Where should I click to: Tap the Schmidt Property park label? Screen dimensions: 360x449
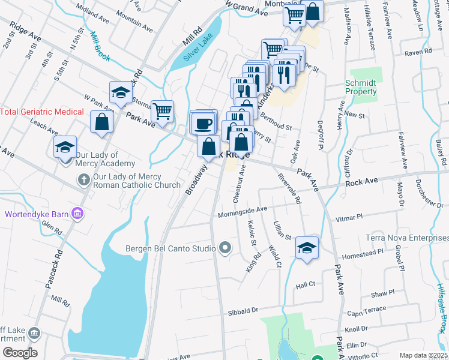click(361, 88)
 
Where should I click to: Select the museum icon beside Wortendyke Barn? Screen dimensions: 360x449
click(77, 214)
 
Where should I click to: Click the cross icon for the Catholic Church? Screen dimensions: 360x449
click(84, 179)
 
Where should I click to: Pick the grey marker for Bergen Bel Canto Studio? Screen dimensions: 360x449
click(225, 247)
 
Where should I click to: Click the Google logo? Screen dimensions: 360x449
click(19, 353)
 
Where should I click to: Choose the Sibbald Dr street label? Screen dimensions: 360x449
click(243, 311)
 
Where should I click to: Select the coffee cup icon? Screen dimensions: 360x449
click(204, 123)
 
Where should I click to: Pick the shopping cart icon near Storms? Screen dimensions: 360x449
click(162, 110)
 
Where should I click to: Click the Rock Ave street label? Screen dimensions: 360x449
click(361, 181)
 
